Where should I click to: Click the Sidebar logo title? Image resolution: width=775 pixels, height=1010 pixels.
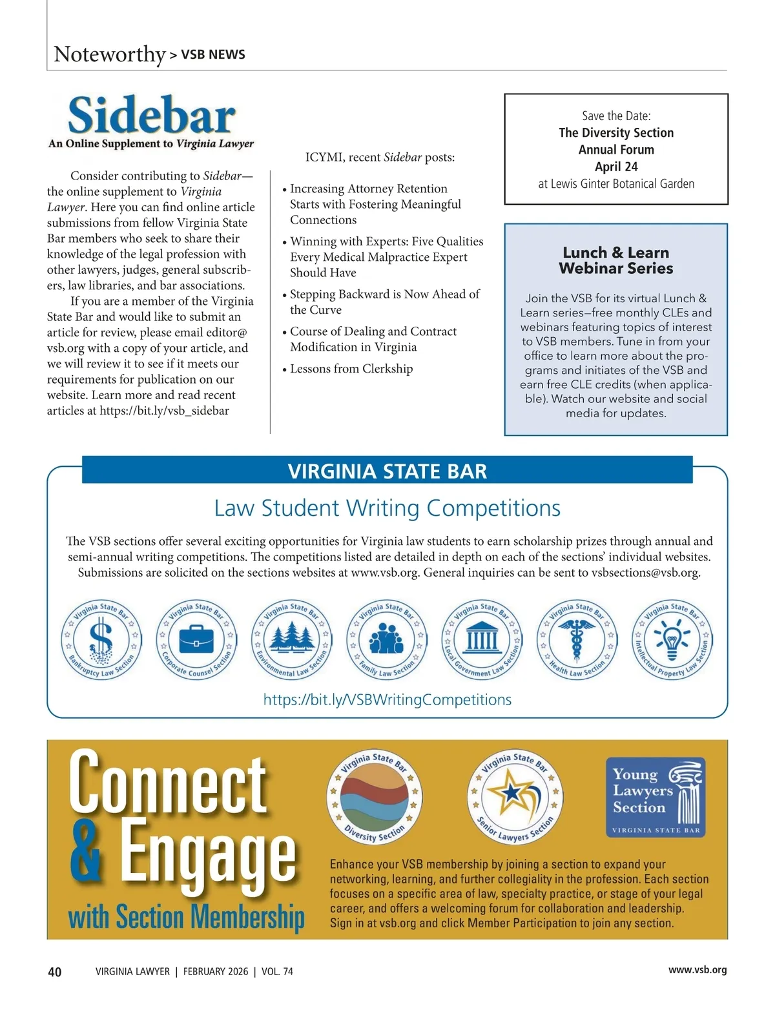pos(152,117)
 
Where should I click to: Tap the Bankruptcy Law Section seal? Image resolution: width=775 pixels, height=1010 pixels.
pos(101,640)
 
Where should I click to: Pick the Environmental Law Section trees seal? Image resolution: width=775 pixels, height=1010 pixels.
pos(291,640)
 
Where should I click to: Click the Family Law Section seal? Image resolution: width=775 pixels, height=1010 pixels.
pos(386,640)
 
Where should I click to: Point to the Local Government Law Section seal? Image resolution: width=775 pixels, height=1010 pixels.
pos(482,640)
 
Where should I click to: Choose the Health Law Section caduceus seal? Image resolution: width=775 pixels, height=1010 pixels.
pos(577,640)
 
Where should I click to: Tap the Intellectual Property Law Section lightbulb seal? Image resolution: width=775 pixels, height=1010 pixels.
pos(672,640)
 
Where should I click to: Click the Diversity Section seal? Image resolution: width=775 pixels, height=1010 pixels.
pos(375,798)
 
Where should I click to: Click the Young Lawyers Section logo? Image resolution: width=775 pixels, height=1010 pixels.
pos(656,798)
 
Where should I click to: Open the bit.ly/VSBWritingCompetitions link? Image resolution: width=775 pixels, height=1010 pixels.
pos(387,700)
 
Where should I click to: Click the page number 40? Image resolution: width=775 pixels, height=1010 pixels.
pos(55,971)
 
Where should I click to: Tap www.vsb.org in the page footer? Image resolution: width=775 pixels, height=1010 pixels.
pos(697,970)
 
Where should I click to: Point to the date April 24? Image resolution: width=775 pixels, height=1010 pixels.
pos(616,167)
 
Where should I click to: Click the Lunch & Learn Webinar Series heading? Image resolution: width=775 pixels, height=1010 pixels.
pos(616,260)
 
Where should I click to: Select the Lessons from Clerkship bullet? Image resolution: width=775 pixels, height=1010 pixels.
pos(351,369)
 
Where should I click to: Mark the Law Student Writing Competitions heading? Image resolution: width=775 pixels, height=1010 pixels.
pos(387,508)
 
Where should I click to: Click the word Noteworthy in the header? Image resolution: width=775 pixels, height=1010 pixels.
pos(110,54)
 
